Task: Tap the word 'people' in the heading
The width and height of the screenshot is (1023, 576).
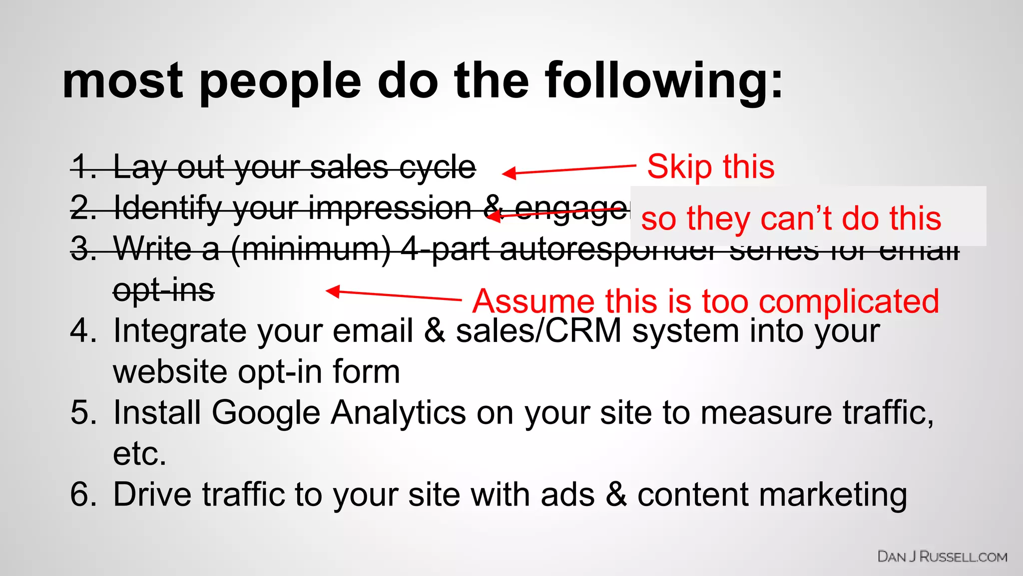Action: pyautogui.click(x=280, y=81)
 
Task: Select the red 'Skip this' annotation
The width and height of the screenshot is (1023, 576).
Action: pyautogui.click(x=710, y=166)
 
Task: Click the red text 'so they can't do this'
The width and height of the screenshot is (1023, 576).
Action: pyautogui.click(x=791, y=218)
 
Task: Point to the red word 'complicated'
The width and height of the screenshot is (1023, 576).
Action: pyautogui.click(x=849, y=301)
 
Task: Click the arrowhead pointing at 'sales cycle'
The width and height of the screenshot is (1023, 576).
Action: pyautogui.click(x=508, y=173)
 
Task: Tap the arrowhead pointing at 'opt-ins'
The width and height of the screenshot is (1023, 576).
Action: pyautogui.click(x=332, y=291)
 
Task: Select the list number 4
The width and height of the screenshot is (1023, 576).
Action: pyautogui.click(x=83, y=331)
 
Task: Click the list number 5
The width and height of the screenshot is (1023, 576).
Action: pyautogui.click(x=83, y=413)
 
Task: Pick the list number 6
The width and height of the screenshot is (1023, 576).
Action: pyautogui.click(x=83, y=494)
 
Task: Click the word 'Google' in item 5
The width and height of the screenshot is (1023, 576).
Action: pyautogui.click(x=265, y=413)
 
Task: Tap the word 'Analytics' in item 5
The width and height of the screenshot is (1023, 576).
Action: pyautogui.click(x=398, y=413)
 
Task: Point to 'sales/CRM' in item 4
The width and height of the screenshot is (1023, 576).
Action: pyautogui.click(x=538, y=331)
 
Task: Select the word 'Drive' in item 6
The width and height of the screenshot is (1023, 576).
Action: pyautogui.click(x=152, y=494)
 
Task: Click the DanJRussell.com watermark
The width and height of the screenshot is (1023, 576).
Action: pyautogui.click(x=942, y=557)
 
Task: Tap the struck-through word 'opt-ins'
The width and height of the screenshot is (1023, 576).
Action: pyautogui.click(x=164, y=290)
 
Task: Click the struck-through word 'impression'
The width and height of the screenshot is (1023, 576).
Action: pyautogui.click(x=390, y=208)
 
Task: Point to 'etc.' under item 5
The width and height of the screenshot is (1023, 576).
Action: pyautogui.click(x=139, y=454)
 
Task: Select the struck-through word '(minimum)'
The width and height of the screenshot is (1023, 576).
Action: pyautogui.click(x=311, y=249)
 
